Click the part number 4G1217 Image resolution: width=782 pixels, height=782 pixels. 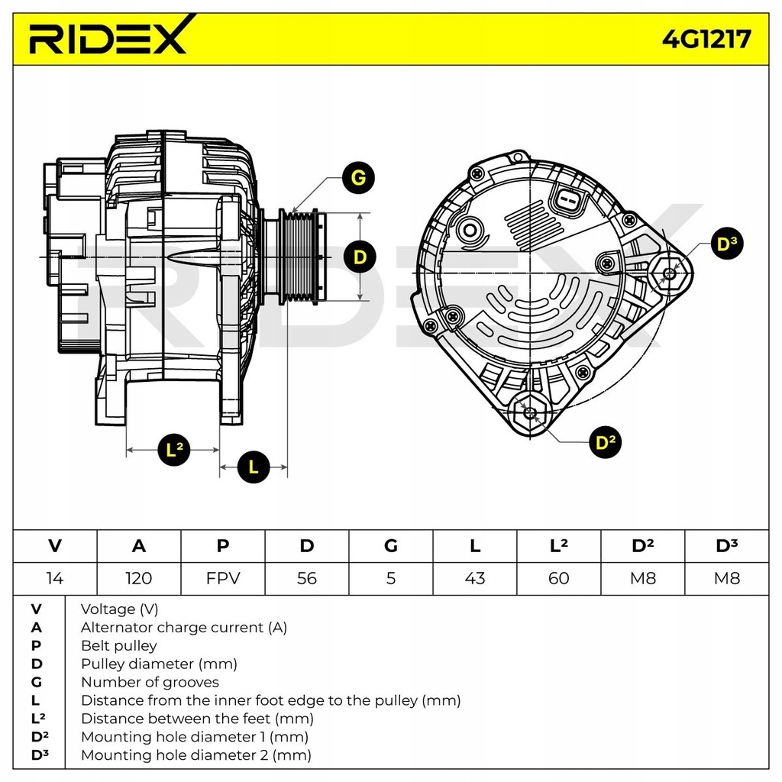click(706, 37)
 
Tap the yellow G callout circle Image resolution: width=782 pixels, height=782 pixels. click(358, 178)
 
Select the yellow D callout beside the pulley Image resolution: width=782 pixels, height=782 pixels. click(360, 257)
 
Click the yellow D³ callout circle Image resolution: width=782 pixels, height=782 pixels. click(726, 244)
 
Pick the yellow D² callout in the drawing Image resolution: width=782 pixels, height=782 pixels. click(605, 442)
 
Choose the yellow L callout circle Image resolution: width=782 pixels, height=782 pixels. click(254, 467)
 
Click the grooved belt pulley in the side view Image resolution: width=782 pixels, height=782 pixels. click(300, 257)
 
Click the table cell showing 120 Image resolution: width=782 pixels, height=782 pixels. click(138, 578)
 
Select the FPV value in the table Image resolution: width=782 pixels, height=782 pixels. click(222, 578)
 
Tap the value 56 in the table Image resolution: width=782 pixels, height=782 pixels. click(306, 578)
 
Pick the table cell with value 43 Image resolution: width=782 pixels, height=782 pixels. click(474, 578)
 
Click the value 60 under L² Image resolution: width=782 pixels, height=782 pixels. click(558, 578)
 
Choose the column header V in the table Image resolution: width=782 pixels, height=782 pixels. click(54, 545)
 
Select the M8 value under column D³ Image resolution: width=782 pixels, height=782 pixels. click(726, 578)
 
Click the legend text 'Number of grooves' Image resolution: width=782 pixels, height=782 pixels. click(150, 682)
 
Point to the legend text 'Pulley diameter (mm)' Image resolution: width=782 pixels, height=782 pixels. click(159, 664)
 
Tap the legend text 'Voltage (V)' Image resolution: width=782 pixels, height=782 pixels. click(119, 609)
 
